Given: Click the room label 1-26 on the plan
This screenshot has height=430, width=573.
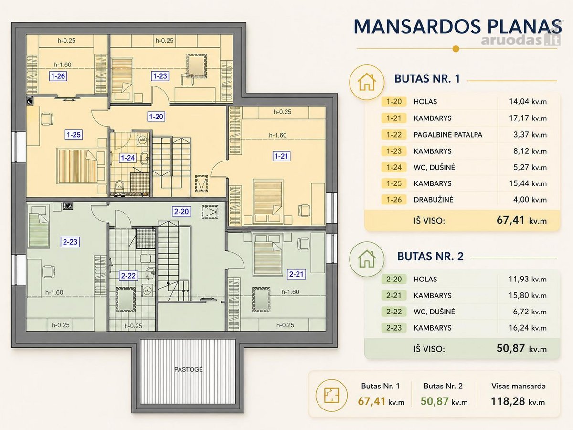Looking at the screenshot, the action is click(58, 76).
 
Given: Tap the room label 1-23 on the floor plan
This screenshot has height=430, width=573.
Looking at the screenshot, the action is click(160, 76).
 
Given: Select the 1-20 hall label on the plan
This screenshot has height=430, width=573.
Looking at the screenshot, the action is click(156, 117).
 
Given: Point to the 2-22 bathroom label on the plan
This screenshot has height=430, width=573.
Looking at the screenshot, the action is click(128, 276).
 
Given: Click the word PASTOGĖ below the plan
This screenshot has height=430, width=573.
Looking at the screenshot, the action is click(189, 369).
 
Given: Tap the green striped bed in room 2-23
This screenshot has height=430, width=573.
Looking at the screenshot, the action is click(39, 230).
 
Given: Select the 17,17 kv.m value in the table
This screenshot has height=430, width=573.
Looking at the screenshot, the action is click(528, 118).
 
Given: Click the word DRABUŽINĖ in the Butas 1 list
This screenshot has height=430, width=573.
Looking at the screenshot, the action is click(434, 200).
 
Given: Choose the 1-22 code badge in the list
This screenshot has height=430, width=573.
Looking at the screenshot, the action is click(394, 135).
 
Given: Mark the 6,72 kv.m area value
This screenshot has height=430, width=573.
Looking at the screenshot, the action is click(530, 312).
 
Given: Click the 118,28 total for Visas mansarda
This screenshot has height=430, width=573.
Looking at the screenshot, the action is click(518, 401).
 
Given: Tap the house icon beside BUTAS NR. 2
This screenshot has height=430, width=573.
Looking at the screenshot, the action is click(367, 259).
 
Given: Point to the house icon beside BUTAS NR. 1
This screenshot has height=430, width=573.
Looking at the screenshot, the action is click(367, 82).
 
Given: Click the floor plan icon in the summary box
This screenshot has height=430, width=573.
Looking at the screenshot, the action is click(331, 395).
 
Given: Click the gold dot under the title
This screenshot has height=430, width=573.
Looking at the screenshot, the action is click(456, 49).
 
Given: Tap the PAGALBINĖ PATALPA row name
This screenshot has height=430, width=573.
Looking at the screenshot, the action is click(448, 135).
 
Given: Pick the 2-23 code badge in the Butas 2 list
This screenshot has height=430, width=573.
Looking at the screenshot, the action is click(394, 328).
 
